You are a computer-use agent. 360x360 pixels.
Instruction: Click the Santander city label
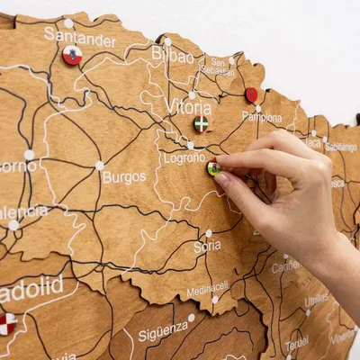click(x=79, y=39)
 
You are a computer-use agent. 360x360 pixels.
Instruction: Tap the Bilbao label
click(x=172, y=56)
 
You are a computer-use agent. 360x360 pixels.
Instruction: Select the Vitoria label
click(x=188, y=107)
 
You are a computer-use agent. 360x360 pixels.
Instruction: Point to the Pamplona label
click(x=262, y=117)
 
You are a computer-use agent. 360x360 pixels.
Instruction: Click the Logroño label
click(x=184, y=157)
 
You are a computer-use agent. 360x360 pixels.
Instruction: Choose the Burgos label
click(x=123, y=177)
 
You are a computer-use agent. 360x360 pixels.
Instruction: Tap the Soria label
click(x=207, y=247)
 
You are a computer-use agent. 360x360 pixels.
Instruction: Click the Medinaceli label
click(x=208, y=290)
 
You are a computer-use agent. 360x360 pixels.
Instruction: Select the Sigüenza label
click(x=163, y=333)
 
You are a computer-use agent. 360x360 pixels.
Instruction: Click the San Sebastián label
click(x=218, y=66)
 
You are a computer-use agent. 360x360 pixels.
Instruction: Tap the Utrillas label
click(x=316, y=300)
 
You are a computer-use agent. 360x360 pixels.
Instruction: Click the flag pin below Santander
click(x=72, y=56)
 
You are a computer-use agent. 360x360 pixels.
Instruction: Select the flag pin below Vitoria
click(x=202, y=123)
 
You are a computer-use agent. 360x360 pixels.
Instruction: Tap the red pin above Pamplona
click(x=252, y=94)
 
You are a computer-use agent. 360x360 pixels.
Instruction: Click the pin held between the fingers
click(x=213, y=167)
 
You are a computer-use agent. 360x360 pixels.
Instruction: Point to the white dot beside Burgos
click(x=99, y=166)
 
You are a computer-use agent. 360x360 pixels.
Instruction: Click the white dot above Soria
click(x=209, y=233)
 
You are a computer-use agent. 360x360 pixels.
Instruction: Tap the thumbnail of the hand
click(x=222, y=178)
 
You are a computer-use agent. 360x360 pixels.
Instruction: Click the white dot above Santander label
click(x=68, y=23)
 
